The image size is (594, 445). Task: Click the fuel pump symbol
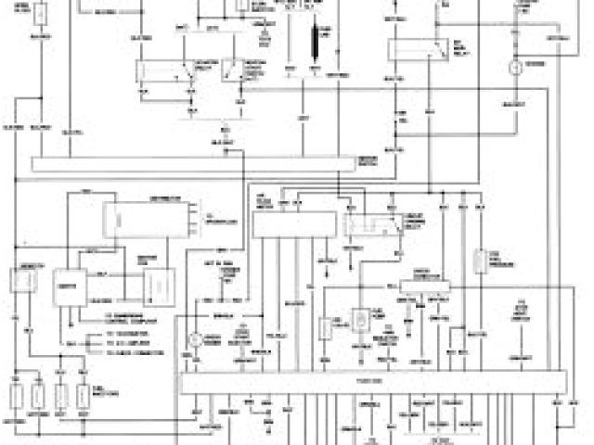point(360,321)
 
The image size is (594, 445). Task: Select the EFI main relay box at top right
point(408,50)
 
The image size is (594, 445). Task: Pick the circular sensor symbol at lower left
point(196,340)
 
